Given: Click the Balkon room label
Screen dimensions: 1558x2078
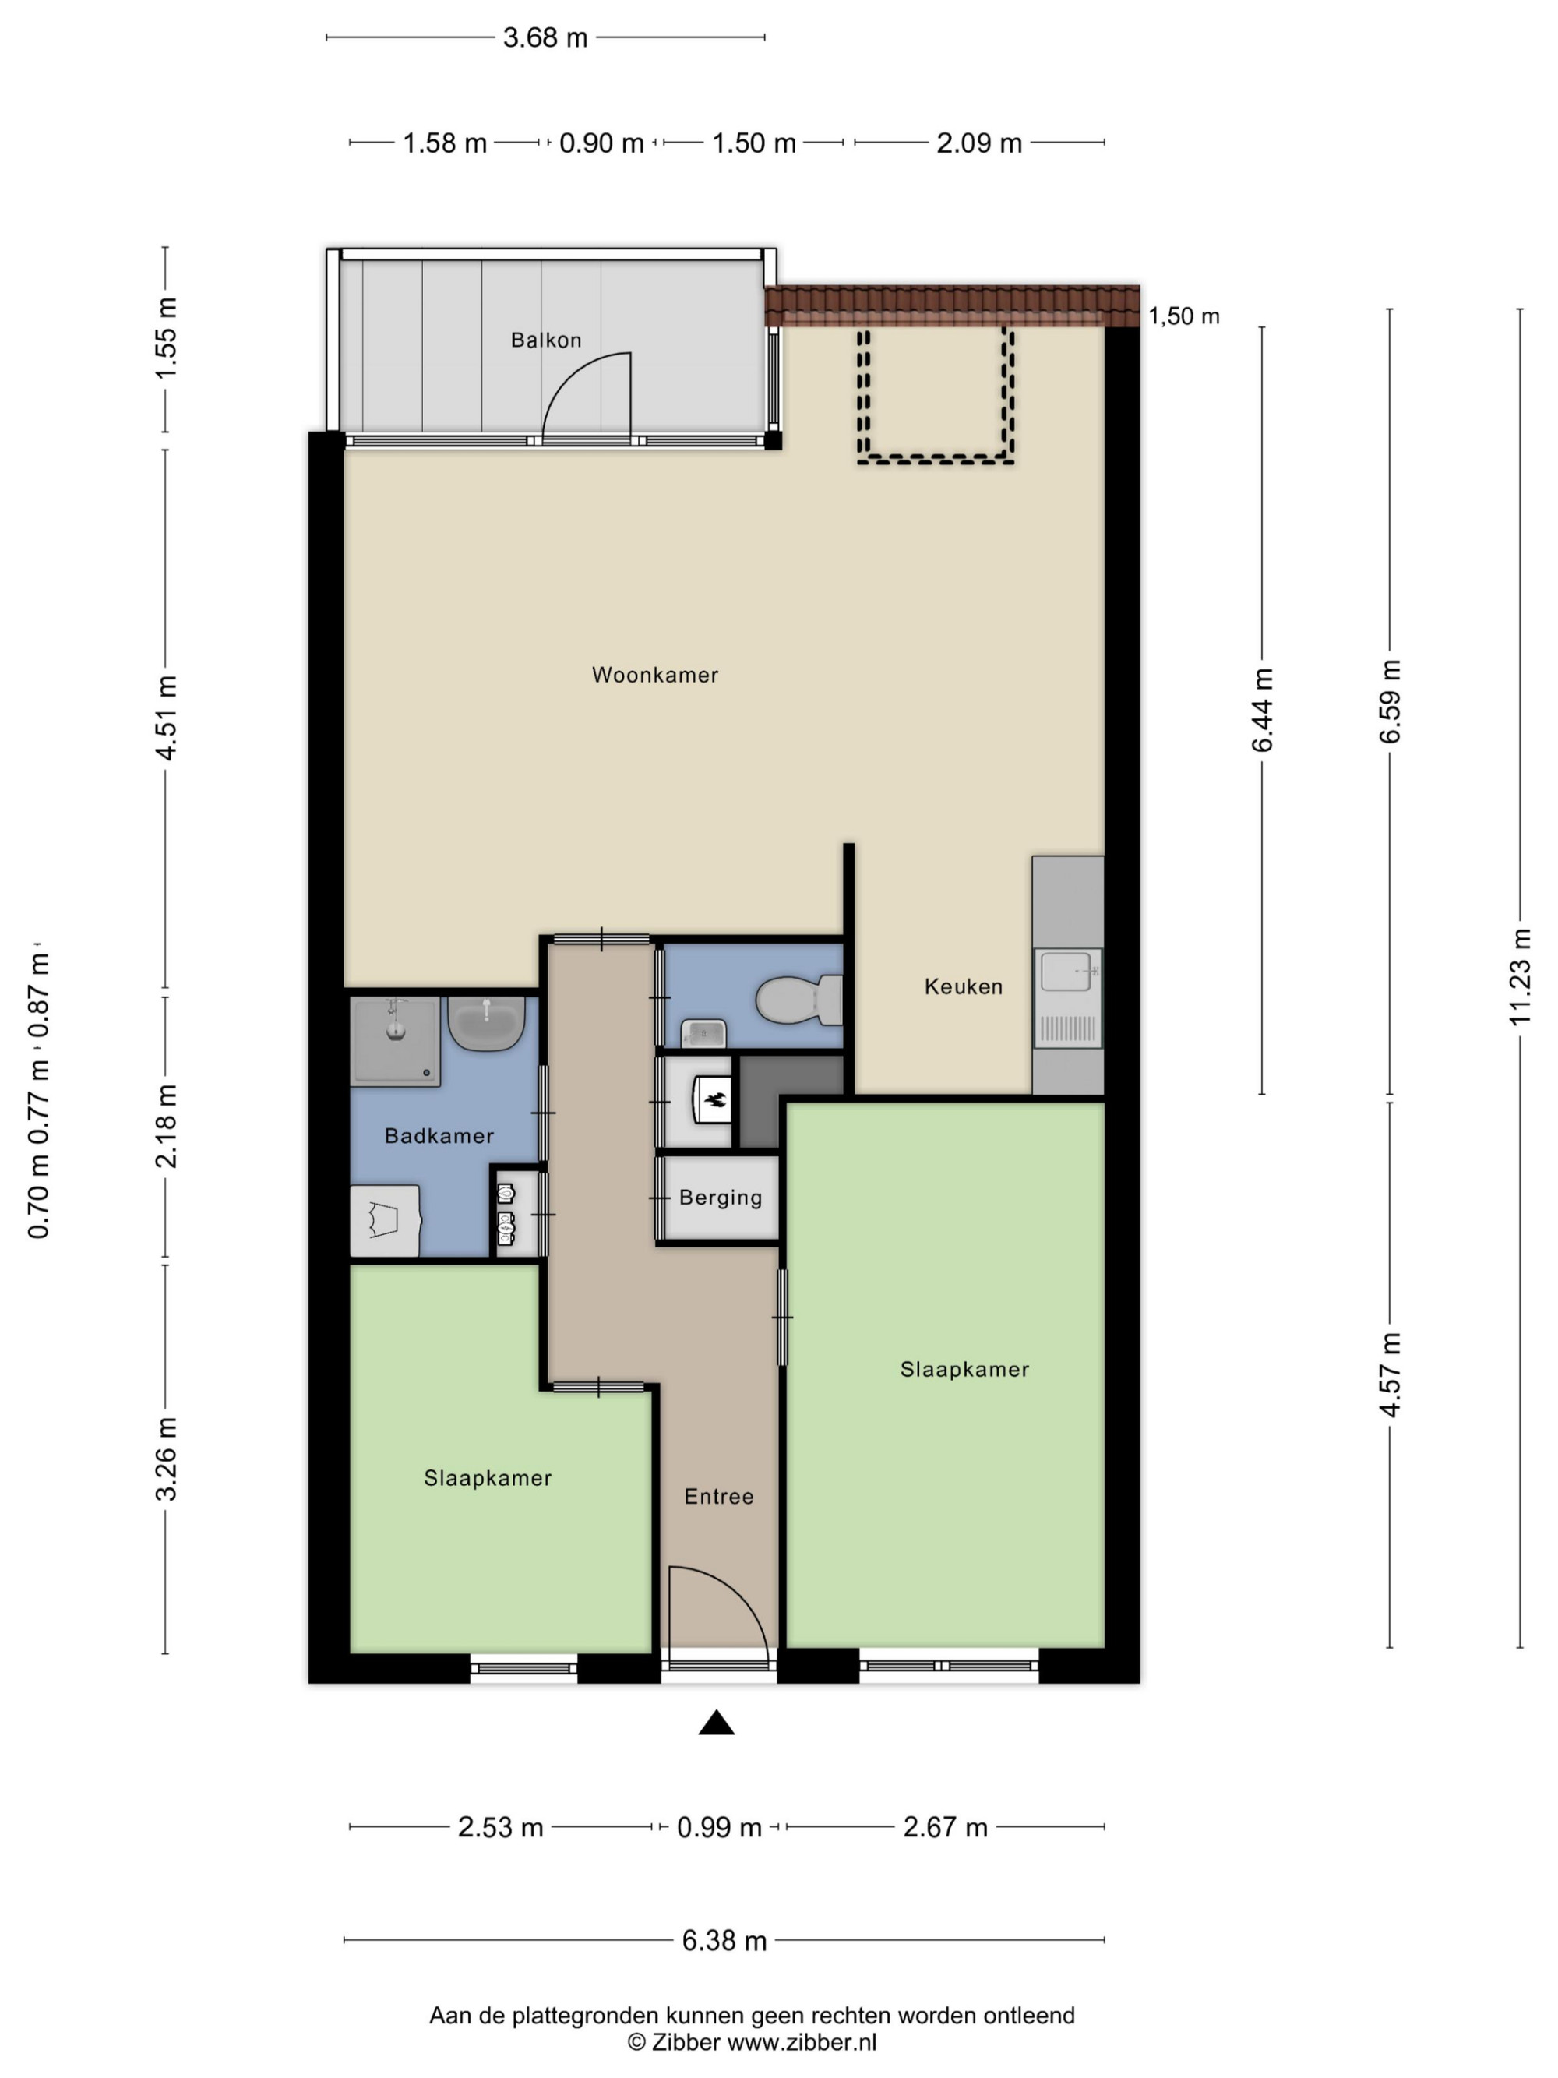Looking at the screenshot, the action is click(x=545, y=340).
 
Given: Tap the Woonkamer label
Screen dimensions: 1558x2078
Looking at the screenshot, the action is click(x=654, y=675).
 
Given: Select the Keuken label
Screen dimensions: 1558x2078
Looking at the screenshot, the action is click(x=964, y=986).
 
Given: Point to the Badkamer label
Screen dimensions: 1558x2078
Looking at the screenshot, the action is click(x=439, y=1136).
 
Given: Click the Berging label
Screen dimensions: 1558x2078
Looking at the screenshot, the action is click(x=721, y=1198).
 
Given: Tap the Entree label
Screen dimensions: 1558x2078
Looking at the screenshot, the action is click(x=718, y=1497).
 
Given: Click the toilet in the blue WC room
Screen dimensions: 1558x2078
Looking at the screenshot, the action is click(x=799, y=1000).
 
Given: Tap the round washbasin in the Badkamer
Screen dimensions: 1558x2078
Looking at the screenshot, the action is click(x=485, y=1023).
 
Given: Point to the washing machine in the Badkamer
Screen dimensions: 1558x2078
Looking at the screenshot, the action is click(x=385, y=1220).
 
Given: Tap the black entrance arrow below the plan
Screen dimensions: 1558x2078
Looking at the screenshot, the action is click(x=717, y=1722).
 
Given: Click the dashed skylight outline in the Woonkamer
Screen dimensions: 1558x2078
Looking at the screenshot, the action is click(x=936, y=394).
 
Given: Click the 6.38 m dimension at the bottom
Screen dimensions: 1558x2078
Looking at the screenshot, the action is click(x=724, y=1941).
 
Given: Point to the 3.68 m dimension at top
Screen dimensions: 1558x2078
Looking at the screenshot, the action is click(x=545, y=37).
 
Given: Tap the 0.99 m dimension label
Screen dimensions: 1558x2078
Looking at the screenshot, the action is click(x=718, y=1827).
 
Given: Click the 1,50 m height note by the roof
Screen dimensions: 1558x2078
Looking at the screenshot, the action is click(x=1183, y=316).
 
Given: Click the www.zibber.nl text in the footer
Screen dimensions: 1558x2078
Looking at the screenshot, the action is click(x=802, y=2041).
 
